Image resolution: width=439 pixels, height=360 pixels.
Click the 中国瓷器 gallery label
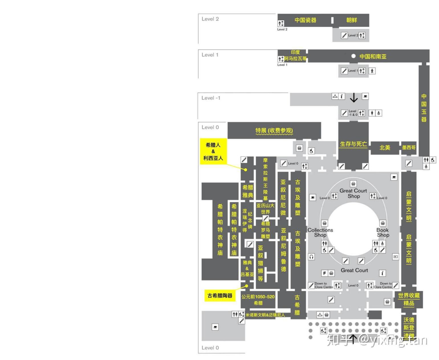coord(305,20)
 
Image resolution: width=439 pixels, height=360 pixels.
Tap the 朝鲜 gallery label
coord(351,20)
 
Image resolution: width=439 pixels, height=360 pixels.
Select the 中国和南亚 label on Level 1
coord(373,56)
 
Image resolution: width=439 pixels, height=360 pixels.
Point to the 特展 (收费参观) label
coord(274,131)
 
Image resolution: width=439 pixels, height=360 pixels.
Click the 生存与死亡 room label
coord(353,144)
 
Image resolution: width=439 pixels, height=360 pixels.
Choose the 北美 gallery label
coord(385,148)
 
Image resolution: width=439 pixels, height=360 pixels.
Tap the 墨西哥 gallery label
coord(409,148)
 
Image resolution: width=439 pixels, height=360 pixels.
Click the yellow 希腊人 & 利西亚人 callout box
coord(213,151)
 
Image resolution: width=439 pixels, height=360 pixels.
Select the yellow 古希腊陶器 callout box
coord(220,296)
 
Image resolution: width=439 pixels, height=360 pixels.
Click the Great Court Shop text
coord(353,193)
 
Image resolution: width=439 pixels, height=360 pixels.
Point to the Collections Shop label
coord(320,232)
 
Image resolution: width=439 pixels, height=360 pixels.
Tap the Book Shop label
coord(383,232)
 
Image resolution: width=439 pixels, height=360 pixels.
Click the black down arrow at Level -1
coord(354,97)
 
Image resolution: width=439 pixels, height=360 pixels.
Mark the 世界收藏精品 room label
coord(409,299)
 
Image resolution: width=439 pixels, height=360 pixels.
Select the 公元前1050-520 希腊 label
coord(258,300)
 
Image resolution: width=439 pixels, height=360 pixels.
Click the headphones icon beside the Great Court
coord(312,257)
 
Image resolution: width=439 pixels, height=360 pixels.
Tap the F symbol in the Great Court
coord(324,273)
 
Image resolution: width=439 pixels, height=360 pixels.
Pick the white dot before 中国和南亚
coord(353,56)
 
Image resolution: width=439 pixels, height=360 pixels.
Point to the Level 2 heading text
coord(210,19)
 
